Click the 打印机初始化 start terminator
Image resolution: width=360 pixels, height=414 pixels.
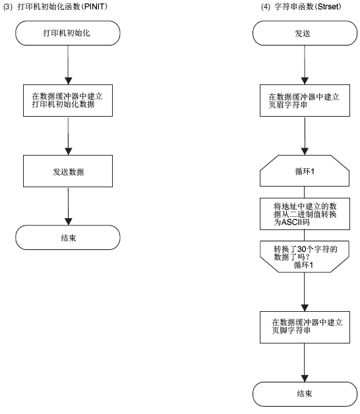[x=68, y=33]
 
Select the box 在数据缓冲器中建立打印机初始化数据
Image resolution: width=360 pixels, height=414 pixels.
[x=68, y=100]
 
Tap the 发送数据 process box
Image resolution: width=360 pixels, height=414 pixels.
[x=68, y=171]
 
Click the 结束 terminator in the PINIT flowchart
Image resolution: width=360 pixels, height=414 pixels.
[x=68, y=237]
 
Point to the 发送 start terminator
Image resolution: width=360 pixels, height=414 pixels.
[x=305, y=33]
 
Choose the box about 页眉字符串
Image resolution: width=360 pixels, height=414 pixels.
[x=305, y=100]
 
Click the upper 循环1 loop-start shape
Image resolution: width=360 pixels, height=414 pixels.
[x=305, y=171]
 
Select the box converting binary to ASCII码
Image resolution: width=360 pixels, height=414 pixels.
[x=305, y=214]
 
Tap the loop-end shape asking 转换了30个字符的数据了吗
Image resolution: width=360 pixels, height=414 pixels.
[x=305, y=256]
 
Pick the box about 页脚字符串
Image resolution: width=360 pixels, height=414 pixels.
[x=305, y=327]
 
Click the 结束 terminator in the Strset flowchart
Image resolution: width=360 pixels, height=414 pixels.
[x=305, y=394]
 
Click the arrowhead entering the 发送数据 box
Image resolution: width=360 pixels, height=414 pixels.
[x=68, y=152]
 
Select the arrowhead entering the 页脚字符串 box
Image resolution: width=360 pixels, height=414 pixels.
[x=305, y=308]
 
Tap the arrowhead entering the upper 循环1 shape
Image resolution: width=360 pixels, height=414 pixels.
[x=305, y=152]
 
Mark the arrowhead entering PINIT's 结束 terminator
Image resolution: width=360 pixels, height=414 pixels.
[x=68, y=222]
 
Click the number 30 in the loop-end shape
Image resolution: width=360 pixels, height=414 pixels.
[x=301, y=249]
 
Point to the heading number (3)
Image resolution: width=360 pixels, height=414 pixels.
[x=8, y=7]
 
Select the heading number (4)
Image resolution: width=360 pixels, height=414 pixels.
[x=266, y=7]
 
